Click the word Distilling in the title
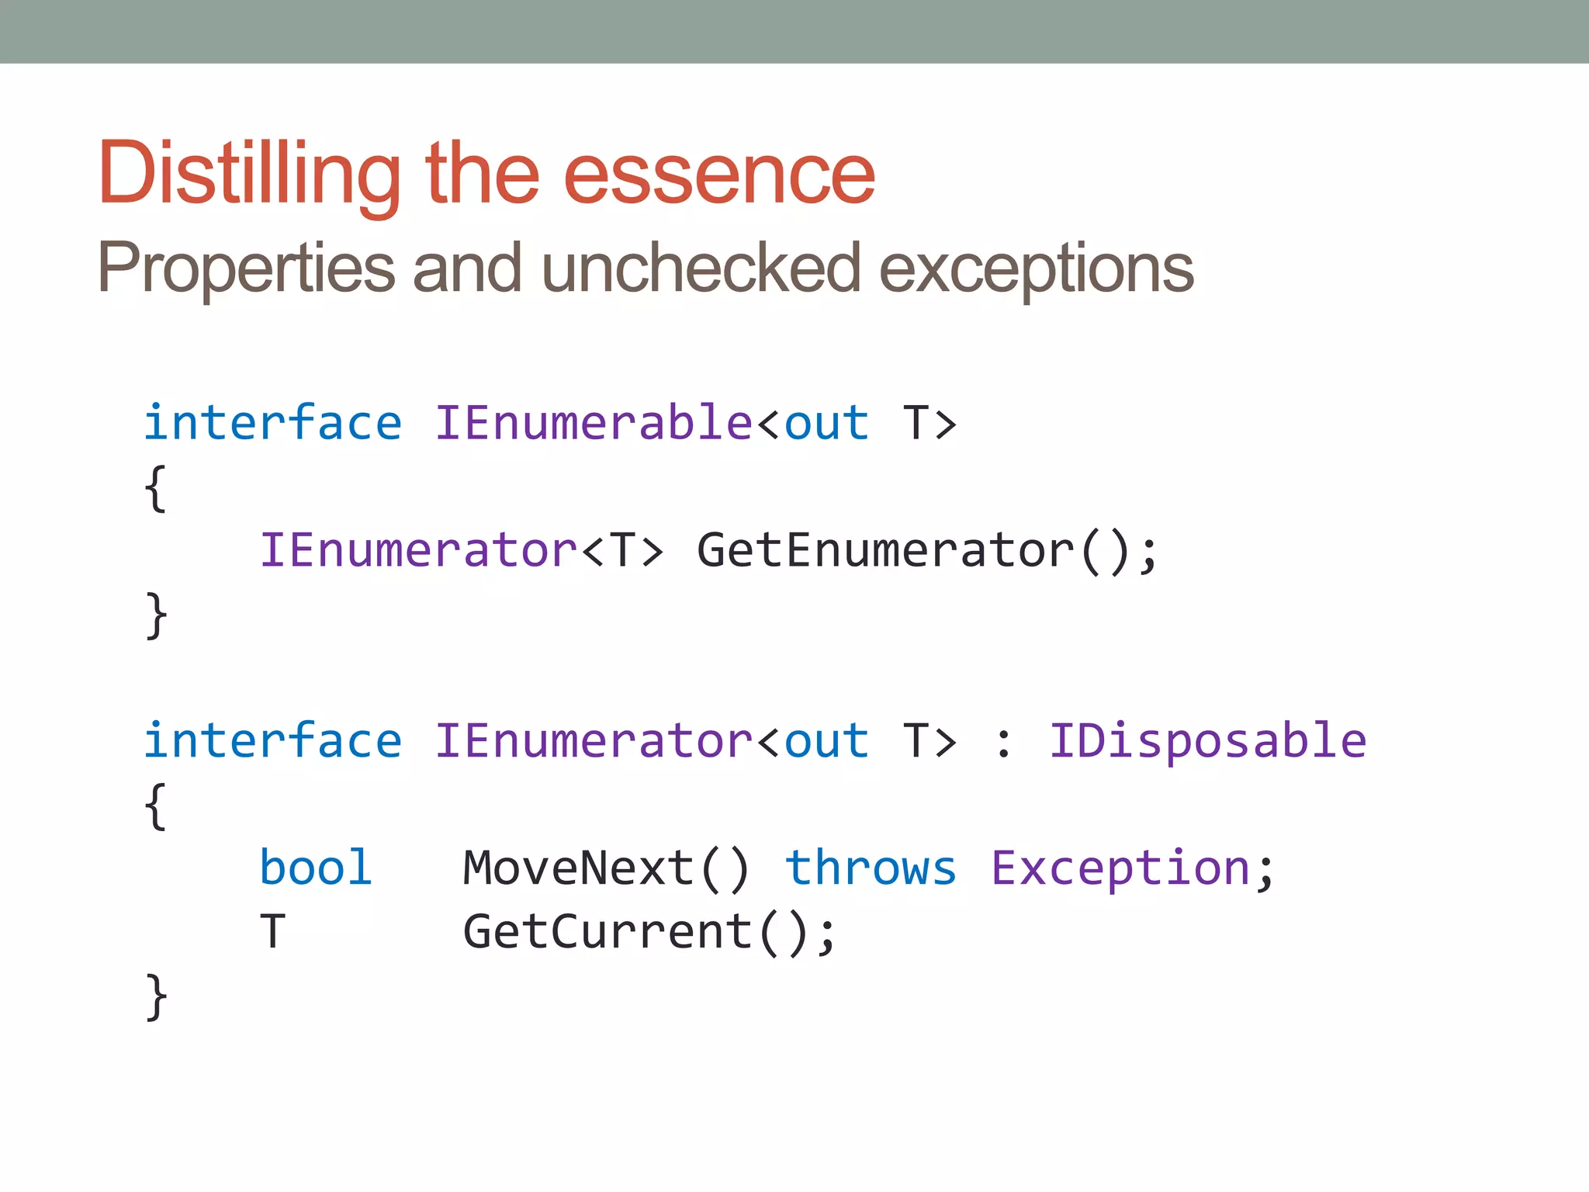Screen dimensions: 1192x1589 coord(248,174)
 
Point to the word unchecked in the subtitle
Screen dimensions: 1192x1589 coord(701,269)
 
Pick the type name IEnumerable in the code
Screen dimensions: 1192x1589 coord(594,424)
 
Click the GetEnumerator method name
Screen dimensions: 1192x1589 coord(885,551)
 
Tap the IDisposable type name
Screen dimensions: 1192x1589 coord(1207,741)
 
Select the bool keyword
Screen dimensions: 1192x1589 coord(316,868)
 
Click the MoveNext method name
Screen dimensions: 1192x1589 coord(579,868)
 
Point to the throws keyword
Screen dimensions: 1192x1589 coord(871,868)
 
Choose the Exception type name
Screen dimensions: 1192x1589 coord(1120,868)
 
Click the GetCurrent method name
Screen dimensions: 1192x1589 coord(608,932)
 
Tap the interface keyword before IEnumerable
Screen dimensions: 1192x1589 coord(273,424)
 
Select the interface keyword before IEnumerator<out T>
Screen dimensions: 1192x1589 coord(273,741)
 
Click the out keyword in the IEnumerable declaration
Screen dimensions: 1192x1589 coord(826,424)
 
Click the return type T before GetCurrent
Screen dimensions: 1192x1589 coord(272,932)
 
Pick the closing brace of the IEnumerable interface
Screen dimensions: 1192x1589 coord(156,615)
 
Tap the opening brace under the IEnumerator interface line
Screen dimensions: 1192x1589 coord(156,806)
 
